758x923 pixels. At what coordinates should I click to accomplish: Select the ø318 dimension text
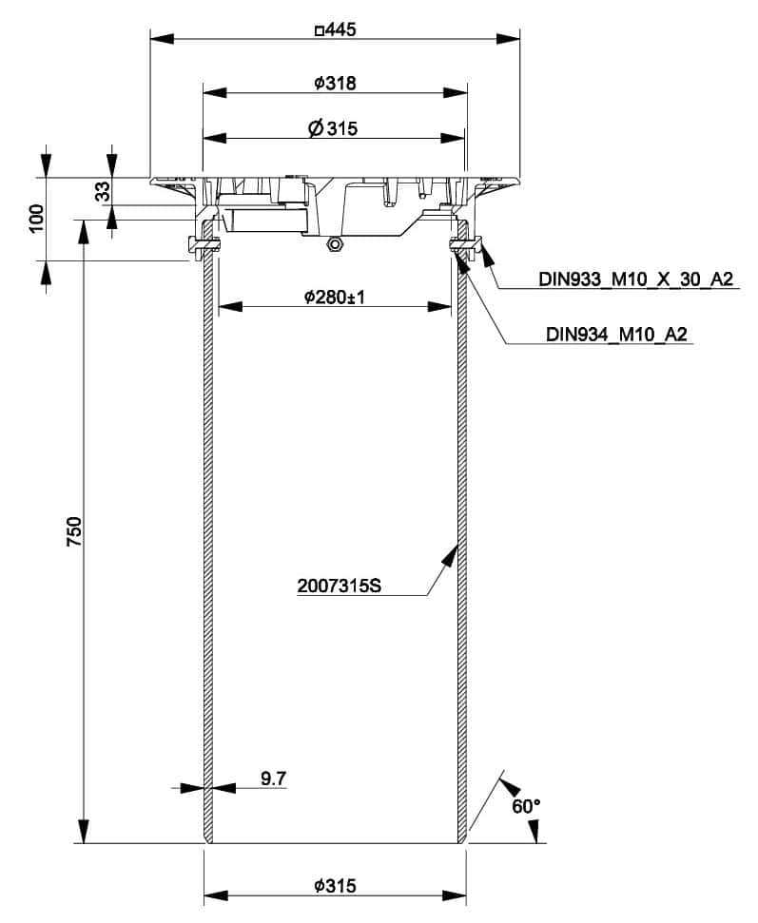tap(335, 84)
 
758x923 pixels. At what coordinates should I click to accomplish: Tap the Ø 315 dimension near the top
tap(333, 129)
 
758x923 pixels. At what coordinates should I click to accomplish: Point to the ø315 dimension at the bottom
tap(335, 886)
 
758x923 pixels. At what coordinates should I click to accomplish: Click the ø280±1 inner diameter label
tap(335, 298)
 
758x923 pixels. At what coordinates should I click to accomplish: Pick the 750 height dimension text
tap(75, 530)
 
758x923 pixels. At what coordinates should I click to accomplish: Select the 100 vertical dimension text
tap(37, 219)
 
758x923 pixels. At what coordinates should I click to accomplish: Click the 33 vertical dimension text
tap(102, 194)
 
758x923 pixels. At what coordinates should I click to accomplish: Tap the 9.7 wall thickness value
tap(273, 779)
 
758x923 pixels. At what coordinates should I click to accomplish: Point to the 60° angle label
tap(525, 806)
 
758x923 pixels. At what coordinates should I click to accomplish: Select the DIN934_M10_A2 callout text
tap(616, 335)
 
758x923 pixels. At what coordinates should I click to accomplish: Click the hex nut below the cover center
tap(334, 244)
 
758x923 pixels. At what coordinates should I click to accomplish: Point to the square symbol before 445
tap(319, 30)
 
